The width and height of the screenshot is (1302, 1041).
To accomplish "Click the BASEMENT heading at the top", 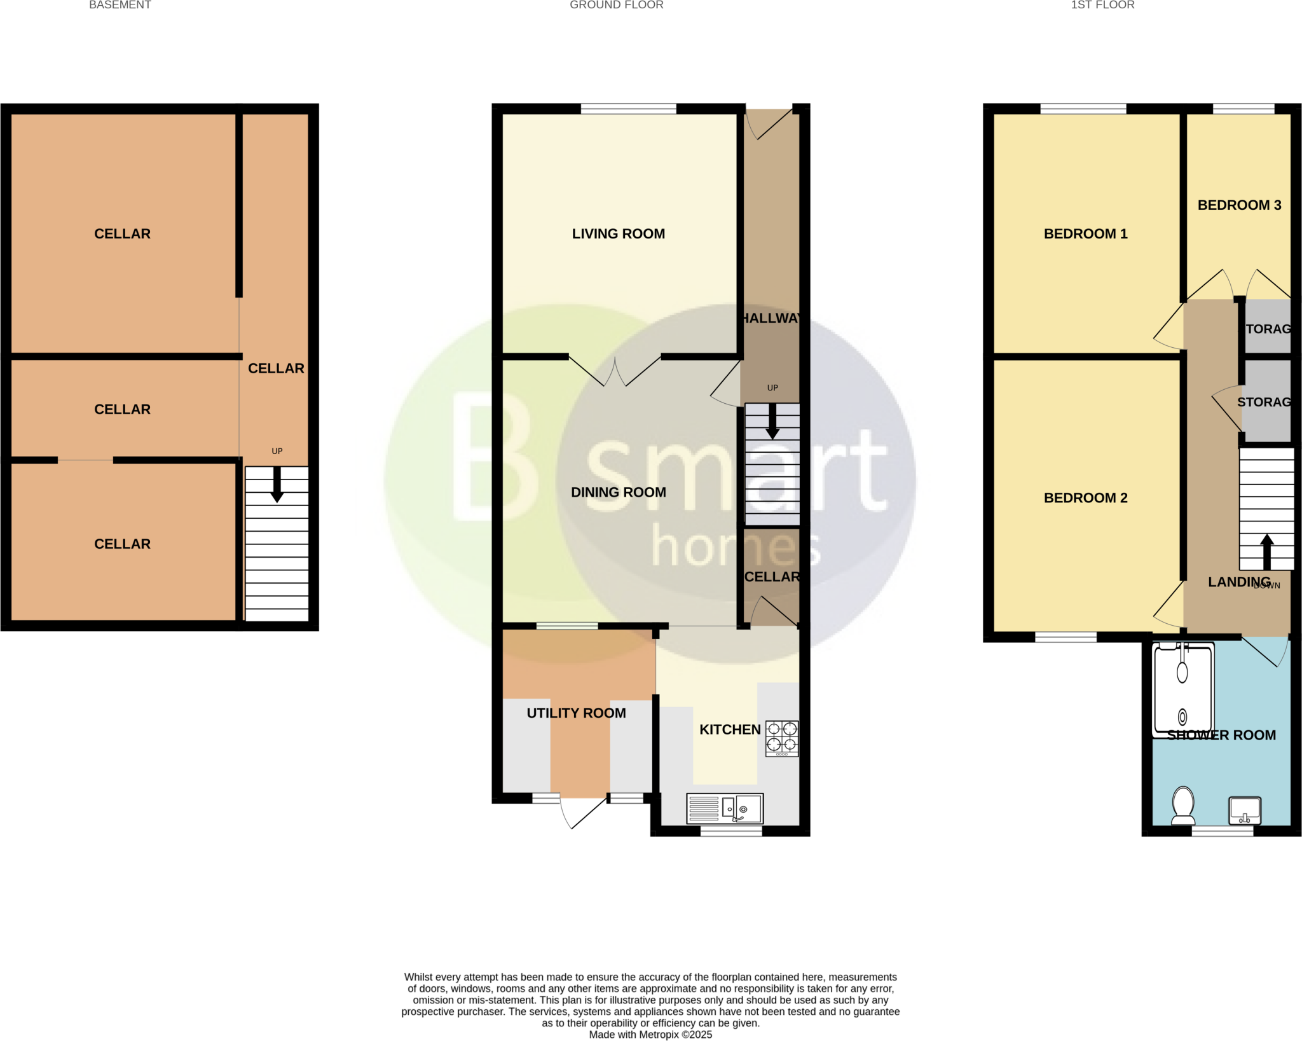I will [120, 5].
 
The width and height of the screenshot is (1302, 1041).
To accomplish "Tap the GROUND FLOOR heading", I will [616, 5].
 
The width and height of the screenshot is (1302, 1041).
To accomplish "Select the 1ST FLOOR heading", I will [1102, 5].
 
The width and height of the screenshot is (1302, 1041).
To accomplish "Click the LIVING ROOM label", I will [618, 233].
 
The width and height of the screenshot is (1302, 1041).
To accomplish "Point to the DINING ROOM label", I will [618, 492].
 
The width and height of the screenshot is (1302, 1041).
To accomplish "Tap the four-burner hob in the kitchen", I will [781, 738].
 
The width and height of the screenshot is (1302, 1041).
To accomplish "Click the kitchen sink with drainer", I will [725, 809].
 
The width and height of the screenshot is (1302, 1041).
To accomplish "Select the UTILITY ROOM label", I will [576, 713].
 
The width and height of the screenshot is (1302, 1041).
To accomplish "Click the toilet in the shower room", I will [1182, 805].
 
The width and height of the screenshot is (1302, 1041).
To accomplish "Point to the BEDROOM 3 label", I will [1239, 205].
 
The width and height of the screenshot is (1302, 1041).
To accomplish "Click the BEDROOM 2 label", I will [1085, 498].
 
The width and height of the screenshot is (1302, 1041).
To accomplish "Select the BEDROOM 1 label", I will [1085, 233].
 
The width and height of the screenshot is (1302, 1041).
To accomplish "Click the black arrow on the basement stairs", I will [277, 485].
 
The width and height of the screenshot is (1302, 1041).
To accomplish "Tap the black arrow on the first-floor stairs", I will [1266, 551].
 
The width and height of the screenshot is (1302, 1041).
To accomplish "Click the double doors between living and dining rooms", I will [615, 372].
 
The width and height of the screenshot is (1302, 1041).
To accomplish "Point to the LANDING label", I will [1238, 582].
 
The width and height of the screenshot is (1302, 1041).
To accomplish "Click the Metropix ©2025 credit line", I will [650, 1035].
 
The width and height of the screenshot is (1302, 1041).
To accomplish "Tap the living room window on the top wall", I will [628, 109].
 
